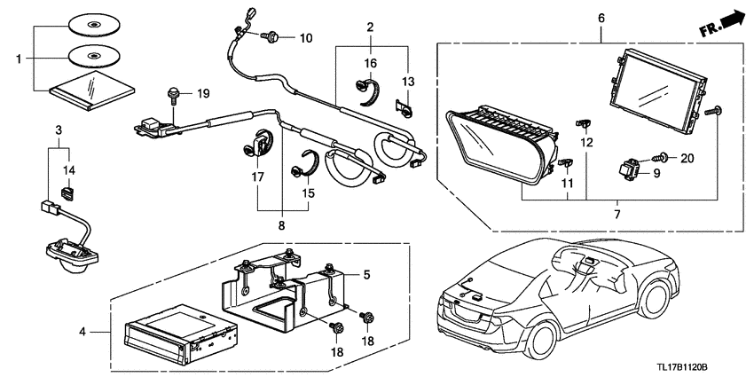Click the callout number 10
(306, 38)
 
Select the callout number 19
(203, 93)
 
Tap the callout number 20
(687, 157)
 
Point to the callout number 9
(656, 173)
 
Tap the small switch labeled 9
(629, 170)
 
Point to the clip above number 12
(584, 124)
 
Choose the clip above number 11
(566, 163)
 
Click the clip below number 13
(404, 108)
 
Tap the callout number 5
(367, 275)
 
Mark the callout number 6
(601, 19)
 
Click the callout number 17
(258, 177)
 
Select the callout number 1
(19, 59)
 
